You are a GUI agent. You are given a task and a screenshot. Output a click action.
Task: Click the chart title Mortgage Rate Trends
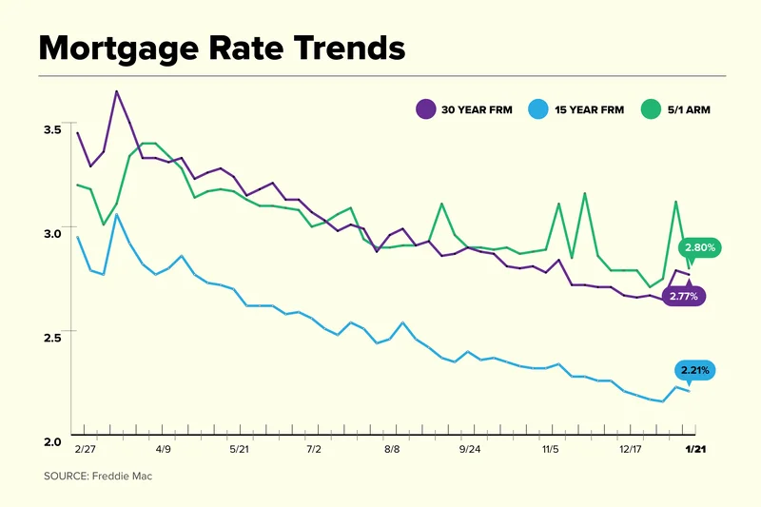tap(221, 49)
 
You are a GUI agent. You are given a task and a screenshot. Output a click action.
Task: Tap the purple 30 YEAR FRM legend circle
tap(425, 109)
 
